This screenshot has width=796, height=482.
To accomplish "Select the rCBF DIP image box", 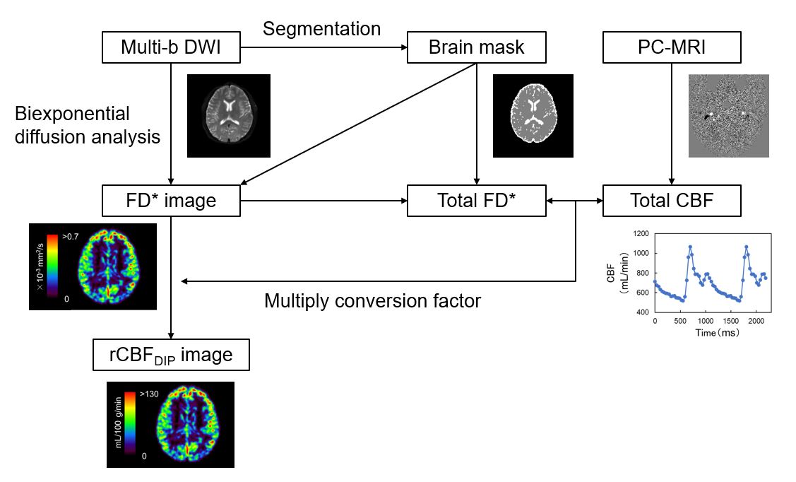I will [172, 354].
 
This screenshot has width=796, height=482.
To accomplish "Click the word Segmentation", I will [321, 29].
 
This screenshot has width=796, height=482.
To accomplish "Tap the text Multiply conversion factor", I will [372, 301].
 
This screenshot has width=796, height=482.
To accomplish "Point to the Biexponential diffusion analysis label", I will [88, 125].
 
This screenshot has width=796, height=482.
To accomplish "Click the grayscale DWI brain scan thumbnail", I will [229, 115].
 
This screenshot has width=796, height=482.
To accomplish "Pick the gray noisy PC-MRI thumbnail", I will [728, 115].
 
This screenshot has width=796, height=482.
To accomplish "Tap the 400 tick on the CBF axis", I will [640, 312].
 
